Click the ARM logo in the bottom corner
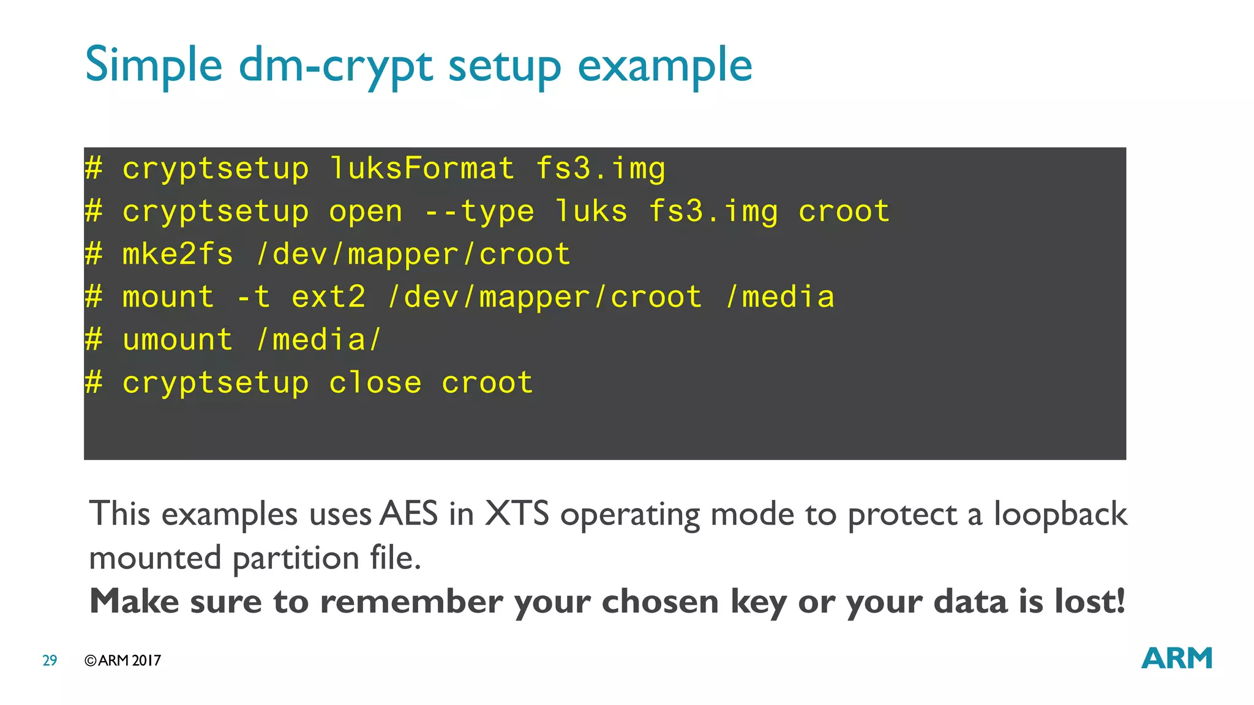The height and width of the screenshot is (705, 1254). tap(1176, 658)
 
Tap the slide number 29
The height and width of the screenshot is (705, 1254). tap(50, 660)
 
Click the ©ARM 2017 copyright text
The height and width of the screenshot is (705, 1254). tap(122, 660)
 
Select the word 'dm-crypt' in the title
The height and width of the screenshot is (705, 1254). tap(336, 65)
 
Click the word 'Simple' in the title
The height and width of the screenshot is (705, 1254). tap(153, 65)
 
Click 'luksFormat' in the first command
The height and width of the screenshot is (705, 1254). tap(422, 168)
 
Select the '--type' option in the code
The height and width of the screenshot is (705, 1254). tap(479, 212)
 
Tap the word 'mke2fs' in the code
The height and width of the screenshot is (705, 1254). tap(178, 254)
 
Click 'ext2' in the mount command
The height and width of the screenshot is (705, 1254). tap(328, 297)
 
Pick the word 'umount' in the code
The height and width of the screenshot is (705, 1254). tap(178, 340)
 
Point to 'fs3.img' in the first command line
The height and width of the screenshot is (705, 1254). tap(600, 168)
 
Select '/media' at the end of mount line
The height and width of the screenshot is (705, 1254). tap(780, 297)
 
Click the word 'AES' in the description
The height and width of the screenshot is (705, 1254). tap(408, 513)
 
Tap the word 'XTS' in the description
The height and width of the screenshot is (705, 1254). tap(517, 513)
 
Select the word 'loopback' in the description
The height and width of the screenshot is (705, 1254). tap(1060, 513)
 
